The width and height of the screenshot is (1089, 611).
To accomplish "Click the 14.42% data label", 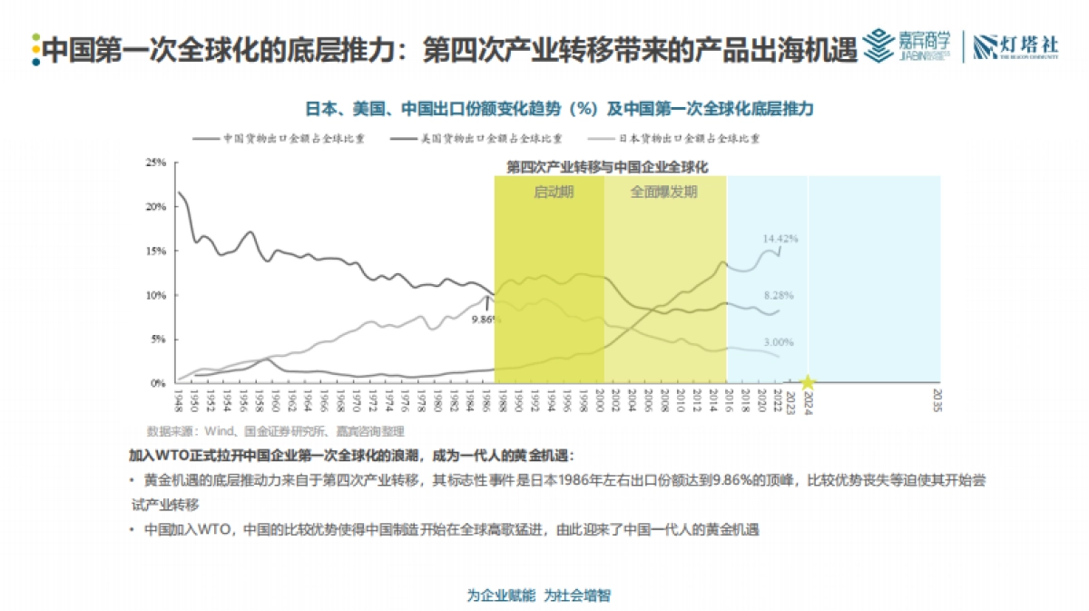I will tap(780, 239).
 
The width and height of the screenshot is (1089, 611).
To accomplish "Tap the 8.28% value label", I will tap(780, 296).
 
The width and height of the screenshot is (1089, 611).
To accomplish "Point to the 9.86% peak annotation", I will tap(486, 319).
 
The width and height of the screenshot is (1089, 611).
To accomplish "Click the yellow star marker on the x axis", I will tap(807, 384).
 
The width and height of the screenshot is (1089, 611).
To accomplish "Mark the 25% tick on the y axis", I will tap(155, 163).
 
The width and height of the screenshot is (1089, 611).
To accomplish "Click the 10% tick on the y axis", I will tap(155, 296).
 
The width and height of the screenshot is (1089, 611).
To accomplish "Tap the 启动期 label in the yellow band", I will tap(553, 192).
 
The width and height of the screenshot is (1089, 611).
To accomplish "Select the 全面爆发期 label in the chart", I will tap(664, 192).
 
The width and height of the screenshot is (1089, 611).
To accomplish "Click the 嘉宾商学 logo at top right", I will tap(908, 45).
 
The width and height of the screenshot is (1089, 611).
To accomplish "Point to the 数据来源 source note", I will tap(275, 431).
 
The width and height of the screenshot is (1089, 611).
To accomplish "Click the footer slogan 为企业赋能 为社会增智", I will tap(539, 596).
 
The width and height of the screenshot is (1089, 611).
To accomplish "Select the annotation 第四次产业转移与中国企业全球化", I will tap(606, 167).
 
